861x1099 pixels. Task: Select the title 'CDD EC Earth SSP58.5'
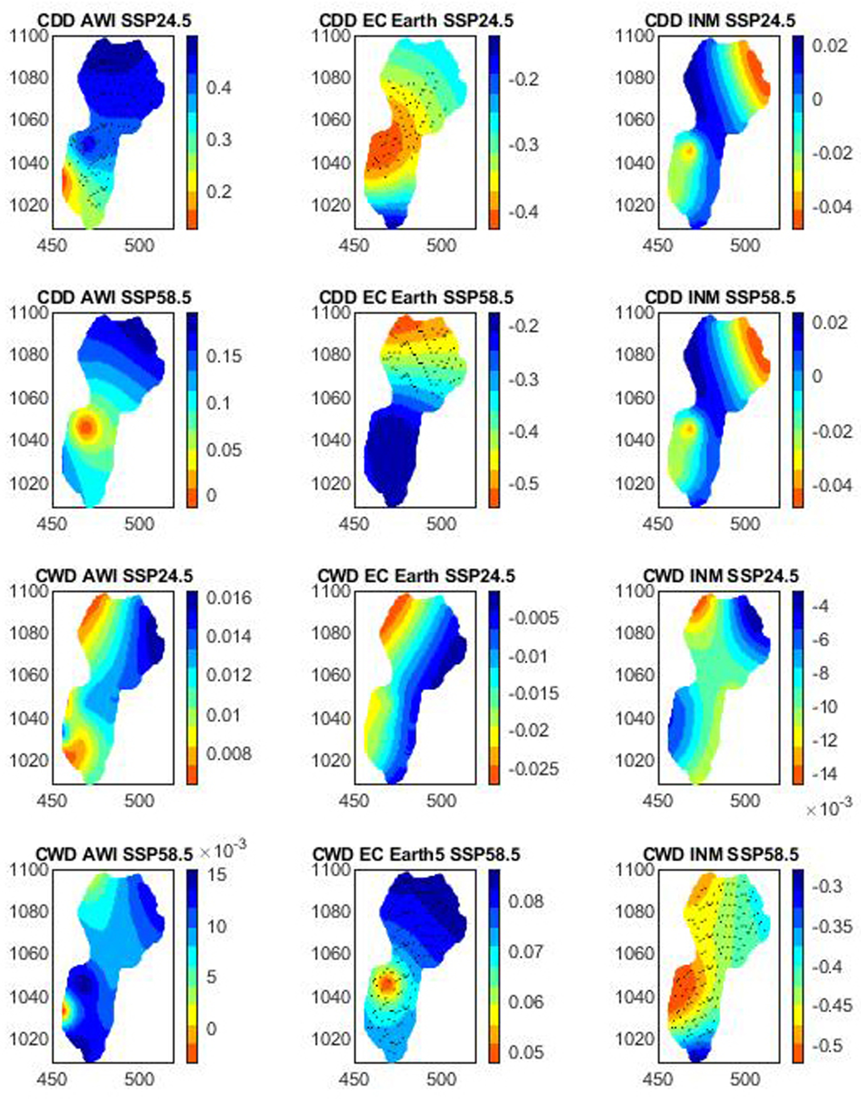click(x=416, y=298)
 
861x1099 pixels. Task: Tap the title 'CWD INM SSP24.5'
click(x=721, y=576)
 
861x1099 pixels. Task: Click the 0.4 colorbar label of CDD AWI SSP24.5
click(x=219, y=88)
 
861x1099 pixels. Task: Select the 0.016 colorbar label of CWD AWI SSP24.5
click(x=229, y=598)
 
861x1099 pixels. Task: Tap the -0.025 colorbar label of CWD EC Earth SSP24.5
click(x=533, y=769)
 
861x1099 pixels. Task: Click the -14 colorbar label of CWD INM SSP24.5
click(x=825, y=773)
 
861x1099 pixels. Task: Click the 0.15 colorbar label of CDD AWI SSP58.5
click(x=224, y=356)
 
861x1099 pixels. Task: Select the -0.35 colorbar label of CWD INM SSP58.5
click(x=832, y=926)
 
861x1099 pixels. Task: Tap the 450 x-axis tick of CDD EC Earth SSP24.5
click(x=354, y=246)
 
